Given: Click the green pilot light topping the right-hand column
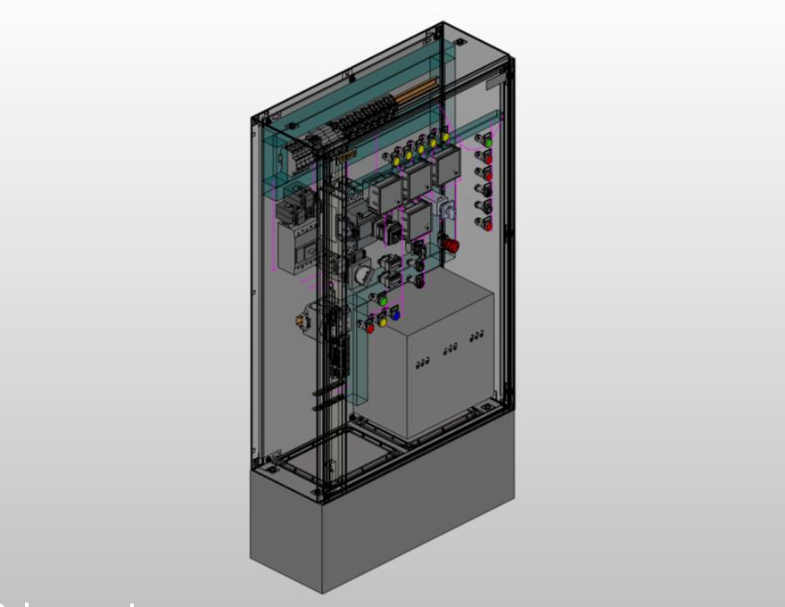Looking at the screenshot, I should click(x=488, y=141).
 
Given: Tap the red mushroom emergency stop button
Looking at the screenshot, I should click(x=451, y=244).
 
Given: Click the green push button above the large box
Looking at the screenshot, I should click(x=383, y=300).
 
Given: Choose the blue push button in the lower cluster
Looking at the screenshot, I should click(x=394, y=315).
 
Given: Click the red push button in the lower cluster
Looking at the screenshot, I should click(x=369, y=328).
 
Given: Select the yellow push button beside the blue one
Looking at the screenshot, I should click(x=384, y=320).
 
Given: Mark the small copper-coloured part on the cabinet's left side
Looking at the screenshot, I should click(x=301, y=319).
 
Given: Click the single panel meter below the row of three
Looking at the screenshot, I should click(x=417, y=220).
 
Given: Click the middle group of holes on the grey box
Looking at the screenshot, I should click(x=451, y=348).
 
